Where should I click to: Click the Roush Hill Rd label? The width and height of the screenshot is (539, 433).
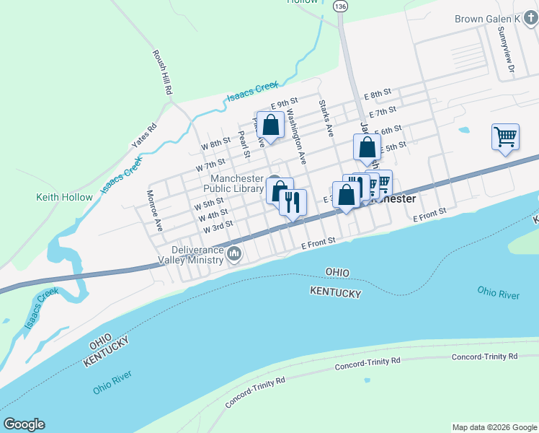161,73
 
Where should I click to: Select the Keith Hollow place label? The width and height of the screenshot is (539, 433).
65,197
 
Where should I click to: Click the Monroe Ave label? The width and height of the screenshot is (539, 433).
155,209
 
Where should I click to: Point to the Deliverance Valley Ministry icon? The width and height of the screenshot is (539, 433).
234,253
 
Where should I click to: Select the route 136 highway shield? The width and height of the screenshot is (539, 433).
340,6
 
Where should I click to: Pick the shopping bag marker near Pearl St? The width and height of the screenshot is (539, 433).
271,126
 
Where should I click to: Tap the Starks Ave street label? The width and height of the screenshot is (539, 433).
326,119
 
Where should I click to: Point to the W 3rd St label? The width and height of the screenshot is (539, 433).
218,226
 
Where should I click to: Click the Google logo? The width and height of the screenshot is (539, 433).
24,424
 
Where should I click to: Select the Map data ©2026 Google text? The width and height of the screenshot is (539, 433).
494,427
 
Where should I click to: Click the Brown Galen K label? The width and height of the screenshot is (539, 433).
487,19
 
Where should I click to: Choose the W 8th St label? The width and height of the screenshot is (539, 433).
215,144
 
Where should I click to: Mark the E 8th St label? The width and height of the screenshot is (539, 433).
377,95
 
